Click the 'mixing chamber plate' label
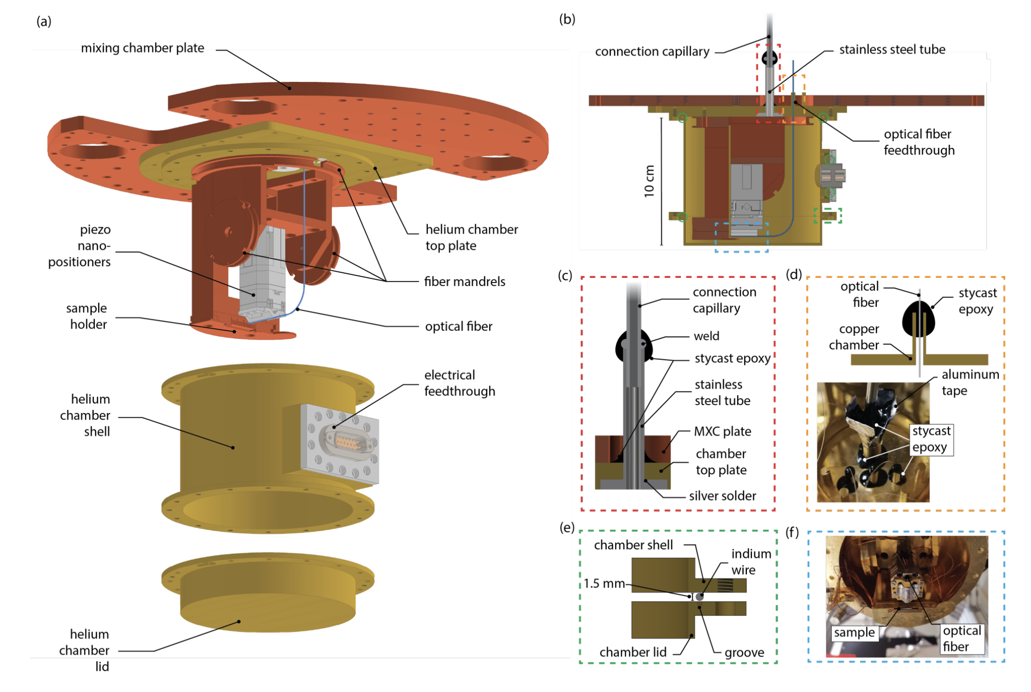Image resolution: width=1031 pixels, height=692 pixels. tap(142, 48)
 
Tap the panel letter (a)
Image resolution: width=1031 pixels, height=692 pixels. tap(44, 21)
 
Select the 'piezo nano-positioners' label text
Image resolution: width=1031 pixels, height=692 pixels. tap(80, 246)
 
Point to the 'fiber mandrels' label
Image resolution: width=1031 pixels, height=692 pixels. tap(464, 282)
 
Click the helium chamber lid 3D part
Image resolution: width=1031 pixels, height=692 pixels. tap(267, 594)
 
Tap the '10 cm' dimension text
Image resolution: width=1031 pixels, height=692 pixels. tap(649, 181)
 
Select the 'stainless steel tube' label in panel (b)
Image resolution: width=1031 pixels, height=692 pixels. tap(892, 50)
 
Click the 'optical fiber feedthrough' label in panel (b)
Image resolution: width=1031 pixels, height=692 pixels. tap(918, 142)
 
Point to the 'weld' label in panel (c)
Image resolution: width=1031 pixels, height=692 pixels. tap(706, 336)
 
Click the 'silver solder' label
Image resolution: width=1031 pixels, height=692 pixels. tap(722, 496)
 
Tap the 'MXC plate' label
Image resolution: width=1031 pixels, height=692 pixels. tap(722, 431)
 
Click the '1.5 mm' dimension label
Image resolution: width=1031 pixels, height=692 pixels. tap(604, 583)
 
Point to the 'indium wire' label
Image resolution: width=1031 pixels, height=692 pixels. tap(750, 561)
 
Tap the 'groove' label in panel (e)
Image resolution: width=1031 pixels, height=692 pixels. tap(744, 653)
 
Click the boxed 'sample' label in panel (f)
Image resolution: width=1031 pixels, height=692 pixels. tap(854, 633)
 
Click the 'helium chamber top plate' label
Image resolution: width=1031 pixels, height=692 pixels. tap(471, 237)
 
